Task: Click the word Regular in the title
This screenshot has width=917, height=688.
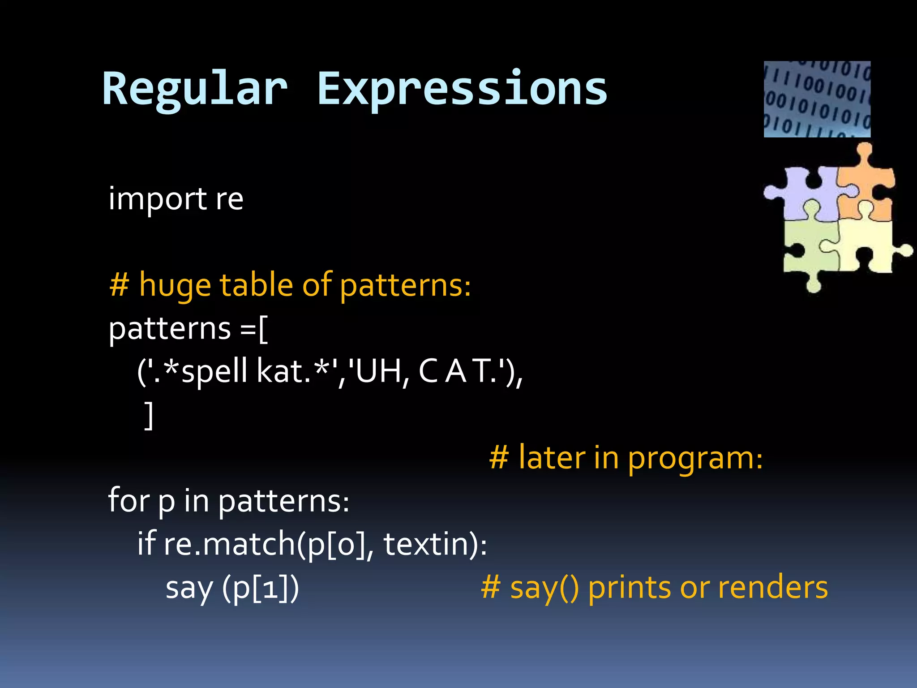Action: [x=195, y=90]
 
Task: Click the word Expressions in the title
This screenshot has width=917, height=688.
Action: [x=462, y=90]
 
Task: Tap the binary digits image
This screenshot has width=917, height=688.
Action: [x=817, y=99]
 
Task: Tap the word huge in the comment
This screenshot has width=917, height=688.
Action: [x=175, y=285]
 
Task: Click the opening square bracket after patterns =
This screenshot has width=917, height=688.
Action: [x=264, y=329]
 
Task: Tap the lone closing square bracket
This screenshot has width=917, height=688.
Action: [x=149, y=415]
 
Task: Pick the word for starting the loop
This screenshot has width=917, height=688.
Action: [x=129, y=500]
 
